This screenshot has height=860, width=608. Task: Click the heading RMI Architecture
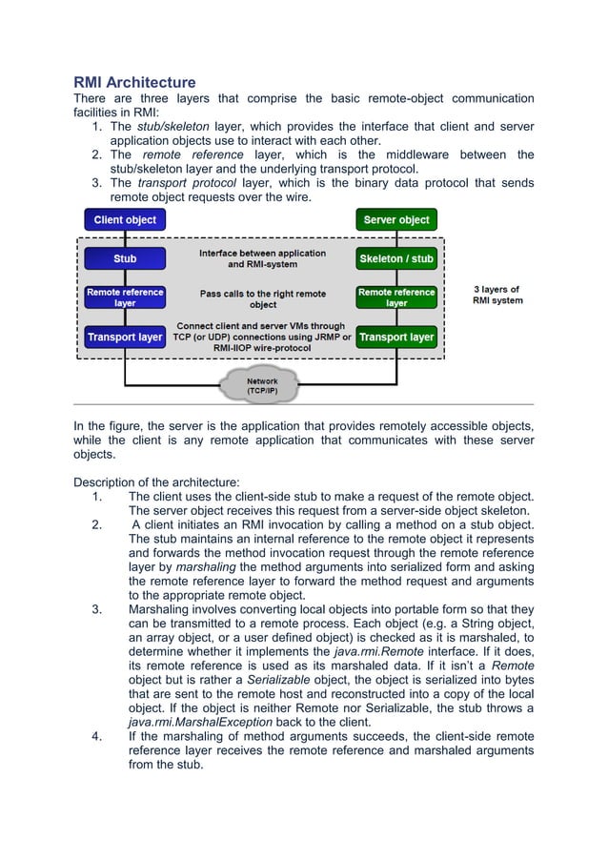[134, 82]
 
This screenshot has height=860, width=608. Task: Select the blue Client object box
[125, 220]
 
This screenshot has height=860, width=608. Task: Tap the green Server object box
[396, 220]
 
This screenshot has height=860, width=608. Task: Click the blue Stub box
[125, 258]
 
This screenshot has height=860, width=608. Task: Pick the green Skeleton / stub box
[396, 258]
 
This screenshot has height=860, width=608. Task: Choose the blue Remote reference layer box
[125, 297]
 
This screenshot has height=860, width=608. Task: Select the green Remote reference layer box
[396, 297]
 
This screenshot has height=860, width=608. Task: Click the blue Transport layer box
[125, 338]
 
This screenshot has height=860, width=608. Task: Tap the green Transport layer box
[396, 338]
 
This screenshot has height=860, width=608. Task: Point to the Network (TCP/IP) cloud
[263, 386]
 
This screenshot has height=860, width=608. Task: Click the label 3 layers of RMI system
[497, 295]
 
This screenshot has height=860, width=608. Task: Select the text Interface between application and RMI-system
[262, 258]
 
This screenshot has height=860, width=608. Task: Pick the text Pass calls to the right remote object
[263, 298]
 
